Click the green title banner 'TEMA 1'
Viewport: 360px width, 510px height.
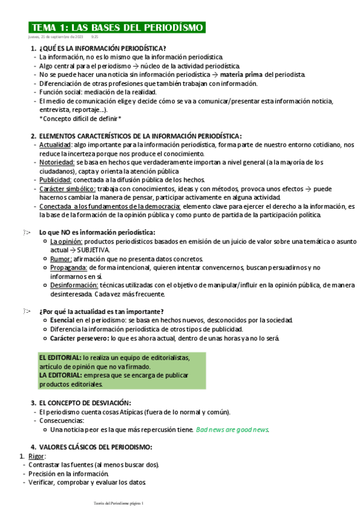(117, 28)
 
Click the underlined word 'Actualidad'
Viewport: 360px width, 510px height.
(55, 145)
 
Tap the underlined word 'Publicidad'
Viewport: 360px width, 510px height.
(55, 180)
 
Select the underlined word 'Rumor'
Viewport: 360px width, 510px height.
(61, 259)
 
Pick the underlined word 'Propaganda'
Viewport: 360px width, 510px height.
(69, 268)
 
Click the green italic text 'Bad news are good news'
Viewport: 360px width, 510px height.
(232, 430)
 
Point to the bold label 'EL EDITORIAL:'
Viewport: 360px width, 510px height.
(60, 357)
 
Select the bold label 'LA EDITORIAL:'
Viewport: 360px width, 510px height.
(61, 375)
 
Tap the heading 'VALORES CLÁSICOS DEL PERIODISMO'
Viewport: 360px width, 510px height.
(96, 447)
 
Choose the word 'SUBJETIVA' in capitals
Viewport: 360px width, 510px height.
(92, 250)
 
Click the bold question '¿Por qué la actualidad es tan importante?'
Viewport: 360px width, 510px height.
(101, 312)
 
